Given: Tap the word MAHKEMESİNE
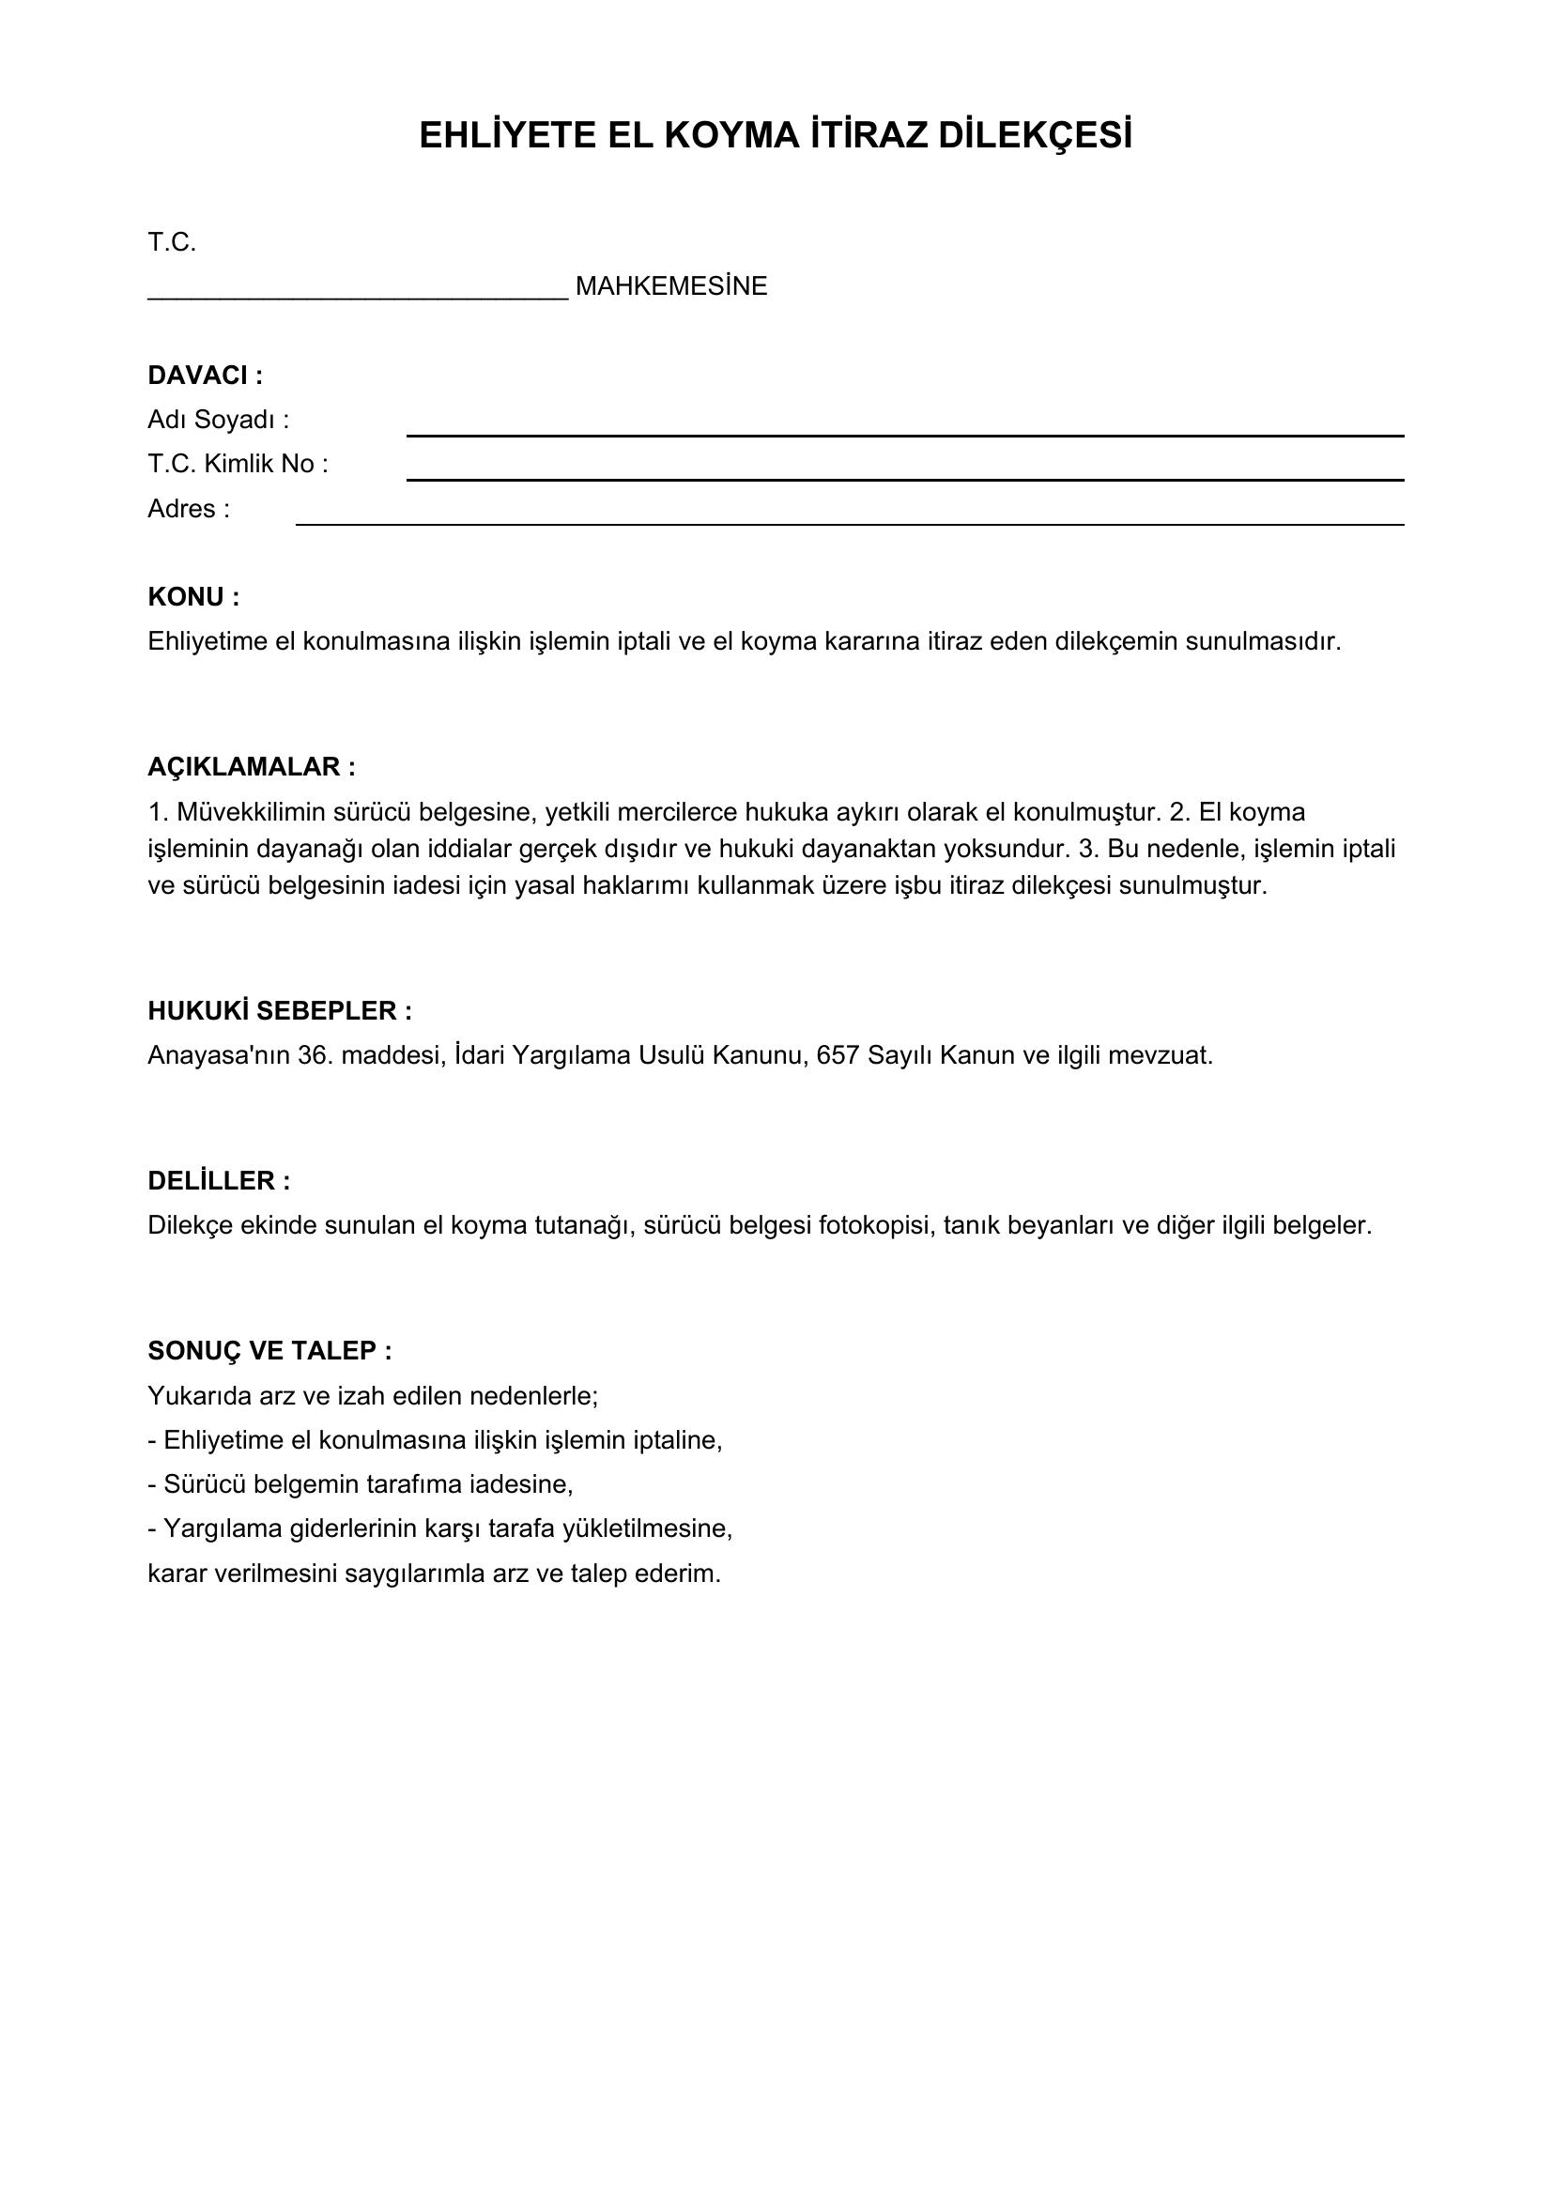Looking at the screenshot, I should point(671,287).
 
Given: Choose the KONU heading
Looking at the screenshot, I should point(193,597).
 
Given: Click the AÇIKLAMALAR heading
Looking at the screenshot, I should point(251,767).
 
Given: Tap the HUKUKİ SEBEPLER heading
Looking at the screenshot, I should point(279,1011).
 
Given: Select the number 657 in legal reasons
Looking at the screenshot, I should point(838,1056).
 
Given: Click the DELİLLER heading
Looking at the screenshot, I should point(218,1181).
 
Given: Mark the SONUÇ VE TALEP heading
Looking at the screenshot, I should point(269,1350).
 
